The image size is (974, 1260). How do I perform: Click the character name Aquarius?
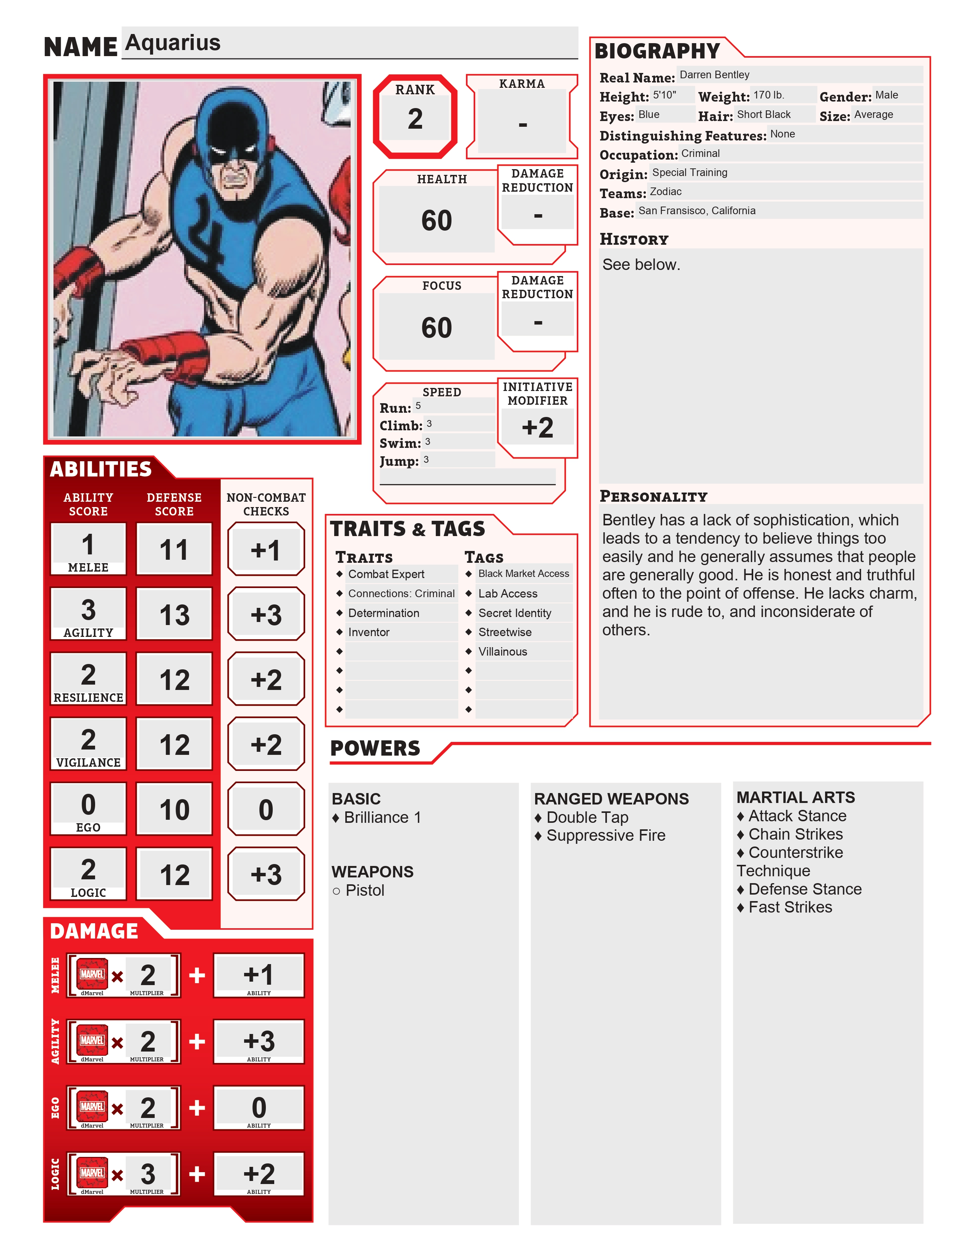click(x=173, y=43)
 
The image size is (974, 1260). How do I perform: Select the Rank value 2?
click(x=415, y=119)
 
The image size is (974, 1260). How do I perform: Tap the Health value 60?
click(x=436, y=220)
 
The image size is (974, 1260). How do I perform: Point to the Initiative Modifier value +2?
click(x=537, y=428)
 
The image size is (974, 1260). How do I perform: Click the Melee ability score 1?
click(x=88, y=544)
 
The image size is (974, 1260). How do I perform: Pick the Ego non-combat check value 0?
click(x=265, y=809)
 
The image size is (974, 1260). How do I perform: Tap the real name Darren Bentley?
click(x=714, y=75)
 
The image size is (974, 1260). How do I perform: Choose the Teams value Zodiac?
click(x=665, y=192)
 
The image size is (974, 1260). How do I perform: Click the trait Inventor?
click(x=369, y=632)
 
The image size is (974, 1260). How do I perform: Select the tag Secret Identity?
click(x=515, y=613)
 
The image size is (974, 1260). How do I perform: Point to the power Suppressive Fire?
click(x=605, y=835)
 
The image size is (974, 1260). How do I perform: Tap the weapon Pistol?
click(x=365, y=890)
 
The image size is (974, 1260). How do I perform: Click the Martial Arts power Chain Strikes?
click(x=795, y=834)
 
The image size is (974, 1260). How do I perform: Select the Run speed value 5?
click(x=418, y=405)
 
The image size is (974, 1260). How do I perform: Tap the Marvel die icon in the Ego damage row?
click(x=92, y=1106)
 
